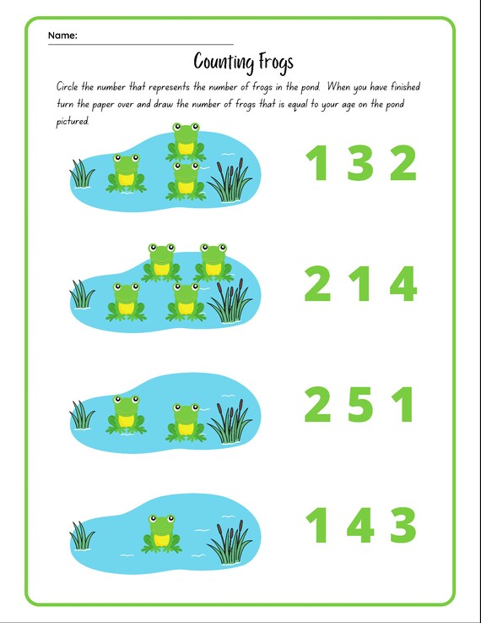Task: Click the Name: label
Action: (62, 36)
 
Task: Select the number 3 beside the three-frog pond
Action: (360, 163)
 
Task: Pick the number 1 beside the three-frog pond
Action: (317, 163)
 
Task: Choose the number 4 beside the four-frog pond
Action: (403, 284)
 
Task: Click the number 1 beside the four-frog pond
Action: (361, 284)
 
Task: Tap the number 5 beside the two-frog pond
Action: (360, 405)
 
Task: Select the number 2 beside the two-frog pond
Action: (317, 405)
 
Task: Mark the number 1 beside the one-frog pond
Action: (317, 526)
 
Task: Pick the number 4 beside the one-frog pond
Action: (359, 526)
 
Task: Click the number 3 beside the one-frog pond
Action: (403, 526)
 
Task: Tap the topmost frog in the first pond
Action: (186, 141)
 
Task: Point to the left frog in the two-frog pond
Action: (125, 413)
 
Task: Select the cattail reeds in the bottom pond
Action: (229, 541)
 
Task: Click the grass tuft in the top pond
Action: (82, 172)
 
